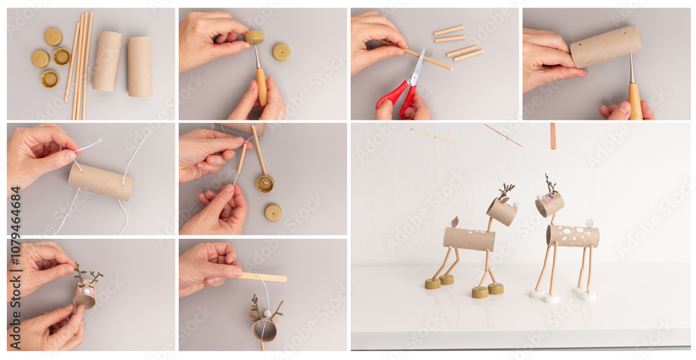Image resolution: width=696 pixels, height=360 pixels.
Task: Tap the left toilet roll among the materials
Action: tap(106, 61)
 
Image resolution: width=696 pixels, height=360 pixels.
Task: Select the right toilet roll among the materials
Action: tap(140, 66)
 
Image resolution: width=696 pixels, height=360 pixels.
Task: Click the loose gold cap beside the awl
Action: tap(281, 52)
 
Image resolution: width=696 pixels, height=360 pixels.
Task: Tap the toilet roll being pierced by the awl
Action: tap(606, 46)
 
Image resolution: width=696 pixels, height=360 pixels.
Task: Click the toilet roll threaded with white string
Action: tap(101, 181)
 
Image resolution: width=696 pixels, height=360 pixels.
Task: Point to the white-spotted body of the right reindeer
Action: tap(573, 236)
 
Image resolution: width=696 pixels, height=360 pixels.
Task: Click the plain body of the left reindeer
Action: tap(469, 239)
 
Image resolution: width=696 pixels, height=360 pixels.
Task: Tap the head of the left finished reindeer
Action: tap(502, 211)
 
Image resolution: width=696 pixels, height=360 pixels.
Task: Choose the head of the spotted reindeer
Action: tap(549, 204)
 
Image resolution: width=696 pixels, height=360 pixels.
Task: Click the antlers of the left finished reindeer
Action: tap(506, 190)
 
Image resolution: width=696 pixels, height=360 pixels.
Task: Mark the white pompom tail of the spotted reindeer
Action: tap(588, 223)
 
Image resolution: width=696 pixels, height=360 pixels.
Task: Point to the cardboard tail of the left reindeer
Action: tap(455, 221)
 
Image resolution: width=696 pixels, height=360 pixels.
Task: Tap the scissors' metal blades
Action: tap(418, 68)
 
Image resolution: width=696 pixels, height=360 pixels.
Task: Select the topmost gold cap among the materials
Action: tap(53, 36)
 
